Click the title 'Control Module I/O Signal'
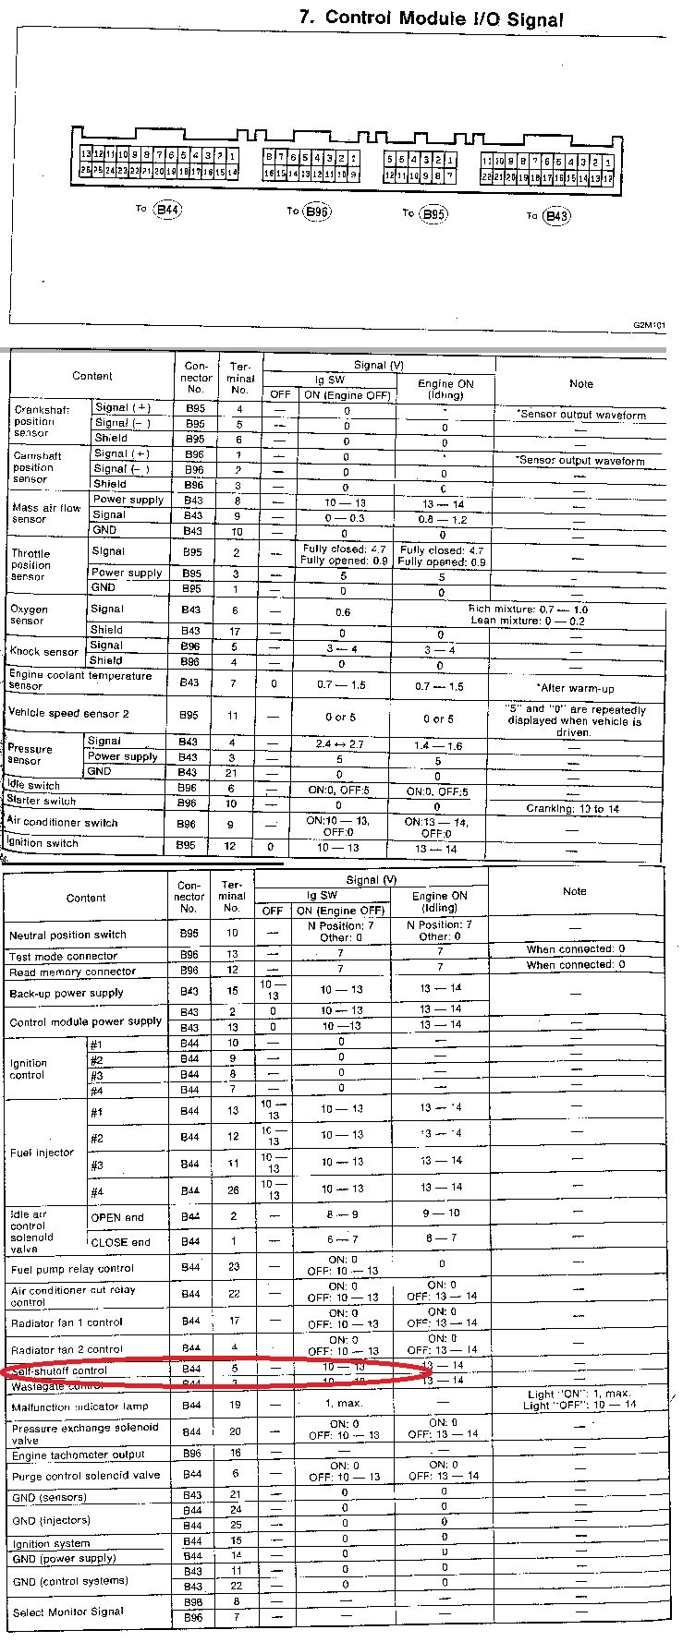point(431,18)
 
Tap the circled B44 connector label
point(167,210)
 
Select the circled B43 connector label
point(556,216)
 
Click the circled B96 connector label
point(317,211)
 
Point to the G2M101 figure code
point(650,326)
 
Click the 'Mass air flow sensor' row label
point(46,513)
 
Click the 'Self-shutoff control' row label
point(57,1370)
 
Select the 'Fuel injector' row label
point(42,1153)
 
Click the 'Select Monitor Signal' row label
point(67,1612)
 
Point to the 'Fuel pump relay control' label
point(72,1269)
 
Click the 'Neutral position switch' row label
point(67,935)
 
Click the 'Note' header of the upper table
point(580,383)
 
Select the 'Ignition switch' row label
point(43,843)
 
